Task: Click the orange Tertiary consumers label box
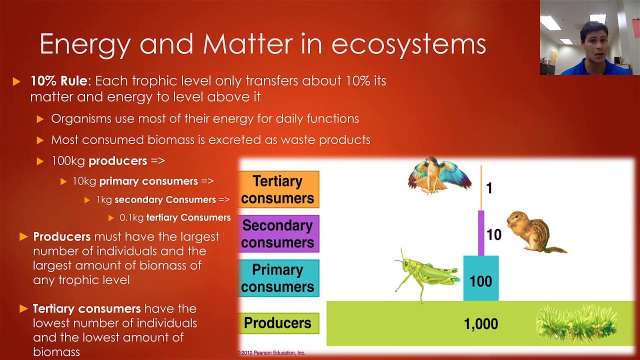pyautogui.click(x=278, y=189)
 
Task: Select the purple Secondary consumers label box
pyautogui.click(x=278, y=234)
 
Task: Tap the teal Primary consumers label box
pyautogui.click(x=278, y=278)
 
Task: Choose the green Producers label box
pyautogui.click(x=278, y=323)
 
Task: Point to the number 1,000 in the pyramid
pyautogui.click(x=480, y=324)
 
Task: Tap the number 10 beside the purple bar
pyautogui.click(x=493, y=234)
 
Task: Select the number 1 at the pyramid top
pyautogui.click(x=489, y=188)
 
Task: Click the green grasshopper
pyautogui.click(x=428, y=273)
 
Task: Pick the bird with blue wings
pyautogui.click(x=439, y=175)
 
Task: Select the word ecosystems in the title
pyautogui.click(x=408, y=44)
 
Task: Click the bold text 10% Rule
pyautogui.click(x=59, y=81)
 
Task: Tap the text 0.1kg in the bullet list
pyautogui.click(x=131, y=217)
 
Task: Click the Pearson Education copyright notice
pyautogui.click(x=271, y=353)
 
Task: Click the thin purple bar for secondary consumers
pyautogui.click(x=480, y=232)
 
